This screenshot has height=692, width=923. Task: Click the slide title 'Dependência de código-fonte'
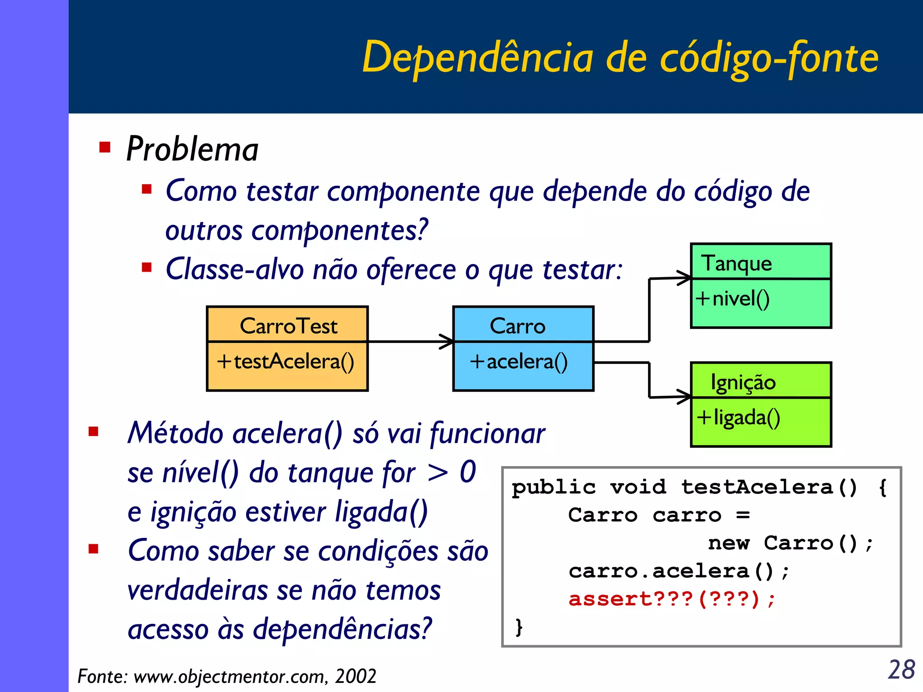(x=620, y=58)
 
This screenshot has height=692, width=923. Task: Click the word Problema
(x=192, y=149)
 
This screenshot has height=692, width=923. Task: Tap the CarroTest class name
(x=288, y=326)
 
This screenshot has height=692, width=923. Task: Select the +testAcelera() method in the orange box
(x=286, y=361)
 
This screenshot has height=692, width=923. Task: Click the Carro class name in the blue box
(x=517, y=326)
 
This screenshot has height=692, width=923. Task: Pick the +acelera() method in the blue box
(x=518, y=361)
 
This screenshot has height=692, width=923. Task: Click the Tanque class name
(x=736, y=263)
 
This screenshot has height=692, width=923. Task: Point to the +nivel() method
(x=732, y=299)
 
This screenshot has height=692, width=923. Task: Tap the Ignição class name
(x=743, y=382)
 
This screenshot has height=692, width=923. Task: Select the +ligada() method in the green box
(x=738, y=417)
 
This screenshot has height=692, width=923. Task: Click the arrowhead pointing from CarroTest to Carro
(x=448, y=341)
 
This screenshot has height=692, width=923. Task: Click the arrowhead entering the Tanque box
(x=685, y=278)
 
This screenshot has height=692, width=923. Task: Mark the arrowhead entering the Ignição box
(x=685, y=396)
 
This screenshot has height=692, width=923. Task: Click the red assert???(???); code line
(x=672, y=599)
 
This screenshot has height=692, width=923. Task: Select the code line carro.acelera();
(x=678, y=571)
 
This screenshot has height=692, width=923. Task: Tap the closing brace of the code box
(x=519, y=627)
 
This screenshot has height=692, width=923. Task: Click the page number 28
(x=901, y=669)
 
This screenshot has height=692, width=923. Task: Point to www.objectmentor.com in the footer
(x=230, y=676)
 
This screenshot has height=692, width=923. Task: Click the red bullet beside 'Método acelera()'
(x=94, y=432)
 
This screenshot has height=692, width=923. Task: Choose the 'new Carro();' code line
(x=790, y=543)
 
